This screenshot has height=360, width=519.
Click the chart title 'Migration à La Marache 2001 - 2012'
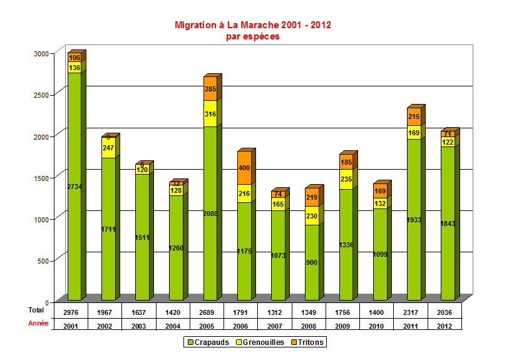252,25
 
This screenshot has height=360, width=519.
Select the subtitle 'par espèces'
252,36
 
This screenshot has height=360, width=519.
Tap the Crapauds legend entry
208,342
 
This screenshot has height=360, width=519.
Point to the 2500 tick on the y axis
41,94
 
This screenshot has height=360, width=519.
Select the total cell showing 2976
71,312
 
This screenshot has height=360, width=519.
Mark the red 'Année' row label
38,324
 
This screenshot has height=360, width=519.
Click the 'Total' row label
36,310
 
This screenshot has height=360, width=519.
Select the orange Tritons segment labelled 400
244,168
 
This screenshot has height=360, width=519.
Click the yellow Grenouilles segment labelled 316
210,114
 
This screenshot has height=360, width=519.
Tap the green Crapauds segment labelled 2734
75,187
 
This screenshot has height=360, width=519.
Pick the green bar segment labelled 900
312,262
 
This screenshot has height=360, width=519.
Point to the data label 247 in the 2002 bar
108,148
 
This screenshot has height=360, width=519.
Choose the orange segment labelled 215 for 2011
414,117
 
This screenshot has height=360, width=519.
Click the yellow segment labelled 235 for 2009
346,179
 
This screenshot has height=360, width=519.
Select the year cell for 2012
445,326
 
